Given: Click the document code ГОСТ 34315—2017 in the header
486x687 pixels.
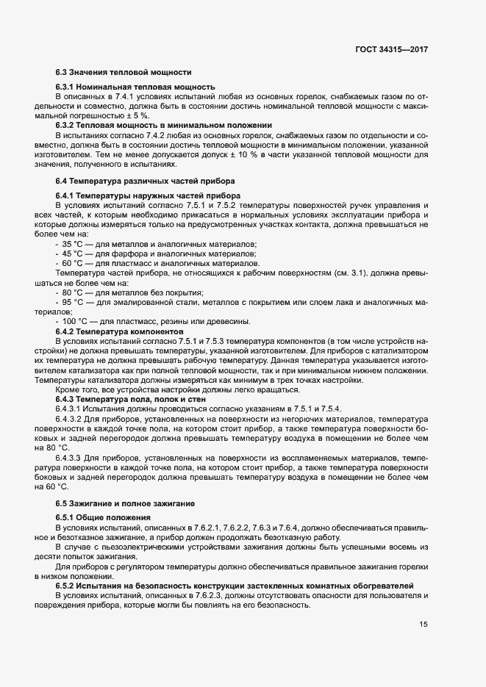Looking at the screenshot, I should coord(390,50).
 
